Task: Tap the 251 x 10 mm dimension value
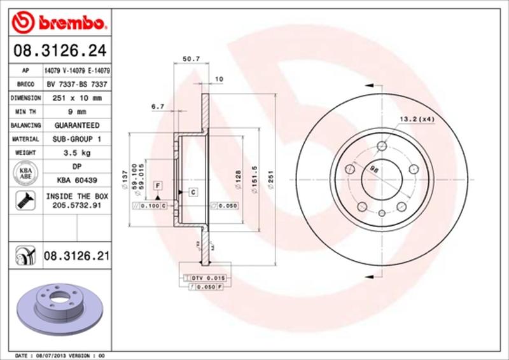click(x=76, y=98)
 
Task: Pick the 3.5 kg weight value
click(x=76, y=153)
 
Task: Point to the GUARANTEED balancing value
click(x=76, y=125)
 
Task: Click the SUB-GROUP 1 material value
click(x=76, y=139)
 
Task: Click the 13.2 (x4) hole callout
click(x=417, y=118)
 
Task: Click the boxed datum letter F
click(x=157, y=184)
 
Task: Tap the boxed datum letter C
click(x=191, y=191)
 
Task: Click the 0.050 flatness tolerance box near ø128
click(x=224, y=206)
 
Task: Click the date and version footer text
click(x=59, y=354)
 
